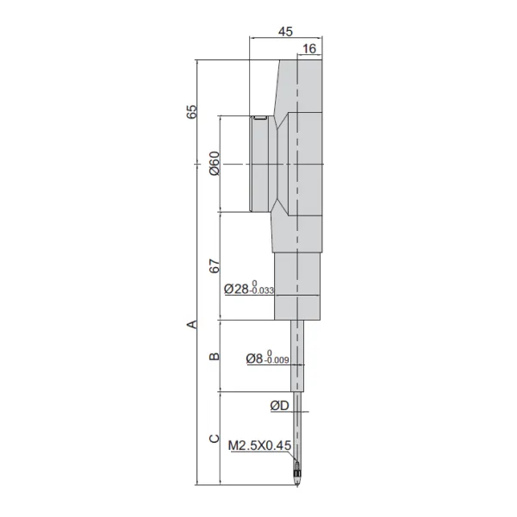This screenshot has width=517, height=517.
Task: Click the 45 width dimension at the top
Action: (x=285, y=31)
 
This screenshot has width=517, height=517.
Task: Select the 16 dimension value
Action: (x=309, y=49)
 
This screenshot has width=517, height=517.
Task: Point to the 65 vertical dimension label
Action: (x=191, y=112)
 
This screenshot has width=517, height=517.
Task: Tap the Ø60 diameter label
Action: (x=215, y=164)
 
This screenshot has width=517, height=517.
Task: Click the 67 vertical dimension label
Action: (x=215, y=266)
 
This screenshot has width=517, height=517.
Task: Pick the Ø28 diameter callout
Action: (x=236, y=289)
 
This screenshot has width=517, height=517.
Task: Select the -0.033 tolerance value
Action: (x=262, y=290)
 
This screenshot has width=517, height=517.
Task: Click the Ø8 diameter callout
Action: (x=254, y=358)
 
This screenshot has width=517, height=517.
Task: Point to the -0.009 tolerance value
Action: (x=277, y=360)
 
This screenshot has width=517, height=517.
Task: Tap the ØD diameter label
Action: (x=279, y=406)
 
